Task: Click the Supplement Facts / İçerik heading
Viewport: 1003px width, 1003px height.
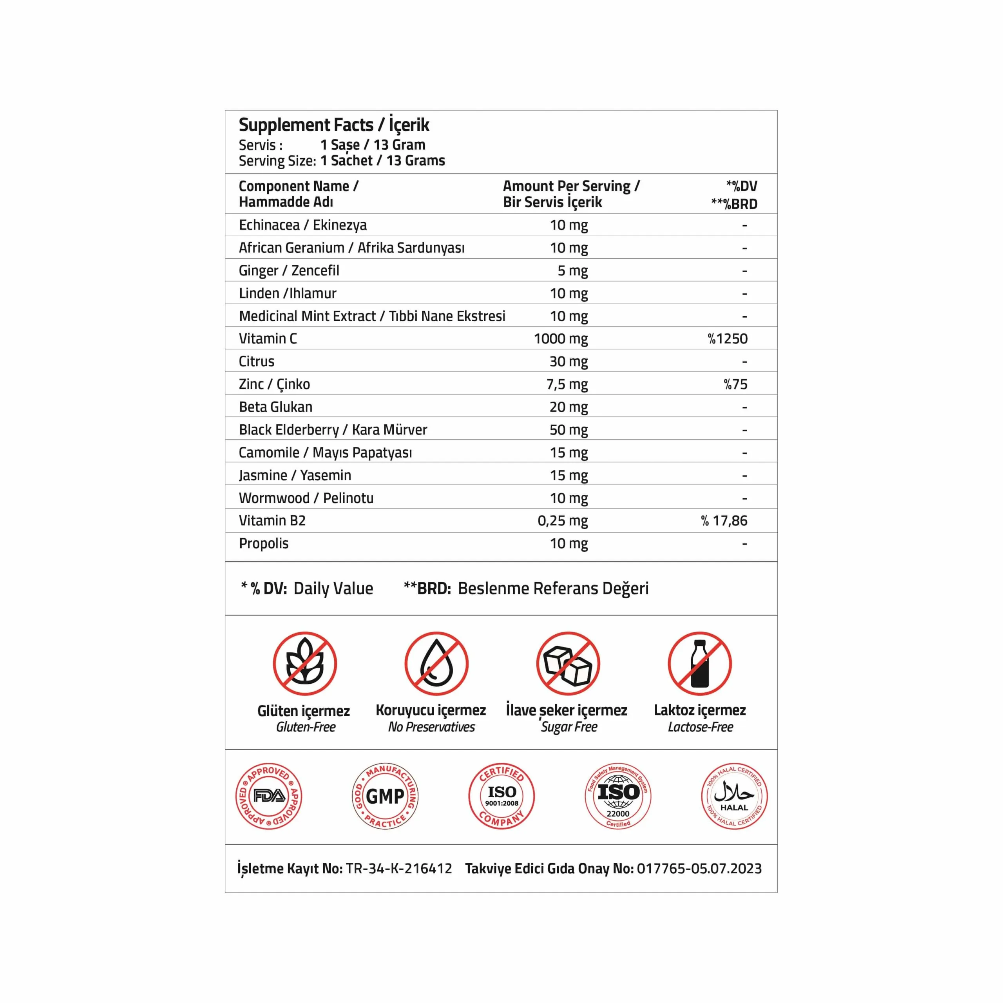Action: tap(334, 125)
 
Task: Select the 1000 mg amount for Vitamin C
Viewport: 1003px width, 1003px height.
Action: tap(561, 339)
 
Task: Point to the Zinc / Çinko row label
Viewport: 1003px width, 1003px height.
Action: tap(274, 384)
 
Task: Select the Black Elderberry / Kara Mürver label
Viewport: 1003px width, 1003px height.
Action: tap(333, 430)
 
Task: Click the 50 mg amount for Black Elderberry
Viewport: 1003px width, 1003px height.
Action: tap(568, 430)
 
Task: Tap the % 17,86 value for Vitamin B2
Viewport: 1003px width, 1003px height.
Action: tap(724, 521)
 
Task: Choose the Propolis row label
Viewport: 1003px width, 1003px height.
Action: tap(263, 543)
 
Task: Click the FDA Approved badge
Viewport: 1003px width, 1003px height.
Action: tap(268, 796)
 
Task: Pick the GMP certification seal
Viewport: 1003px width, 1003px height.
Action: tap(385, 796)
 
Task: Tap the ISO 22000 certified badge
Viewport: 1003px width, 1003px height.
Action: tap(618, 796)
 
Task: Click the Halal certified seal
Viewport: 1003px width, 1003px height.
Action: tap(734, 796)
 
